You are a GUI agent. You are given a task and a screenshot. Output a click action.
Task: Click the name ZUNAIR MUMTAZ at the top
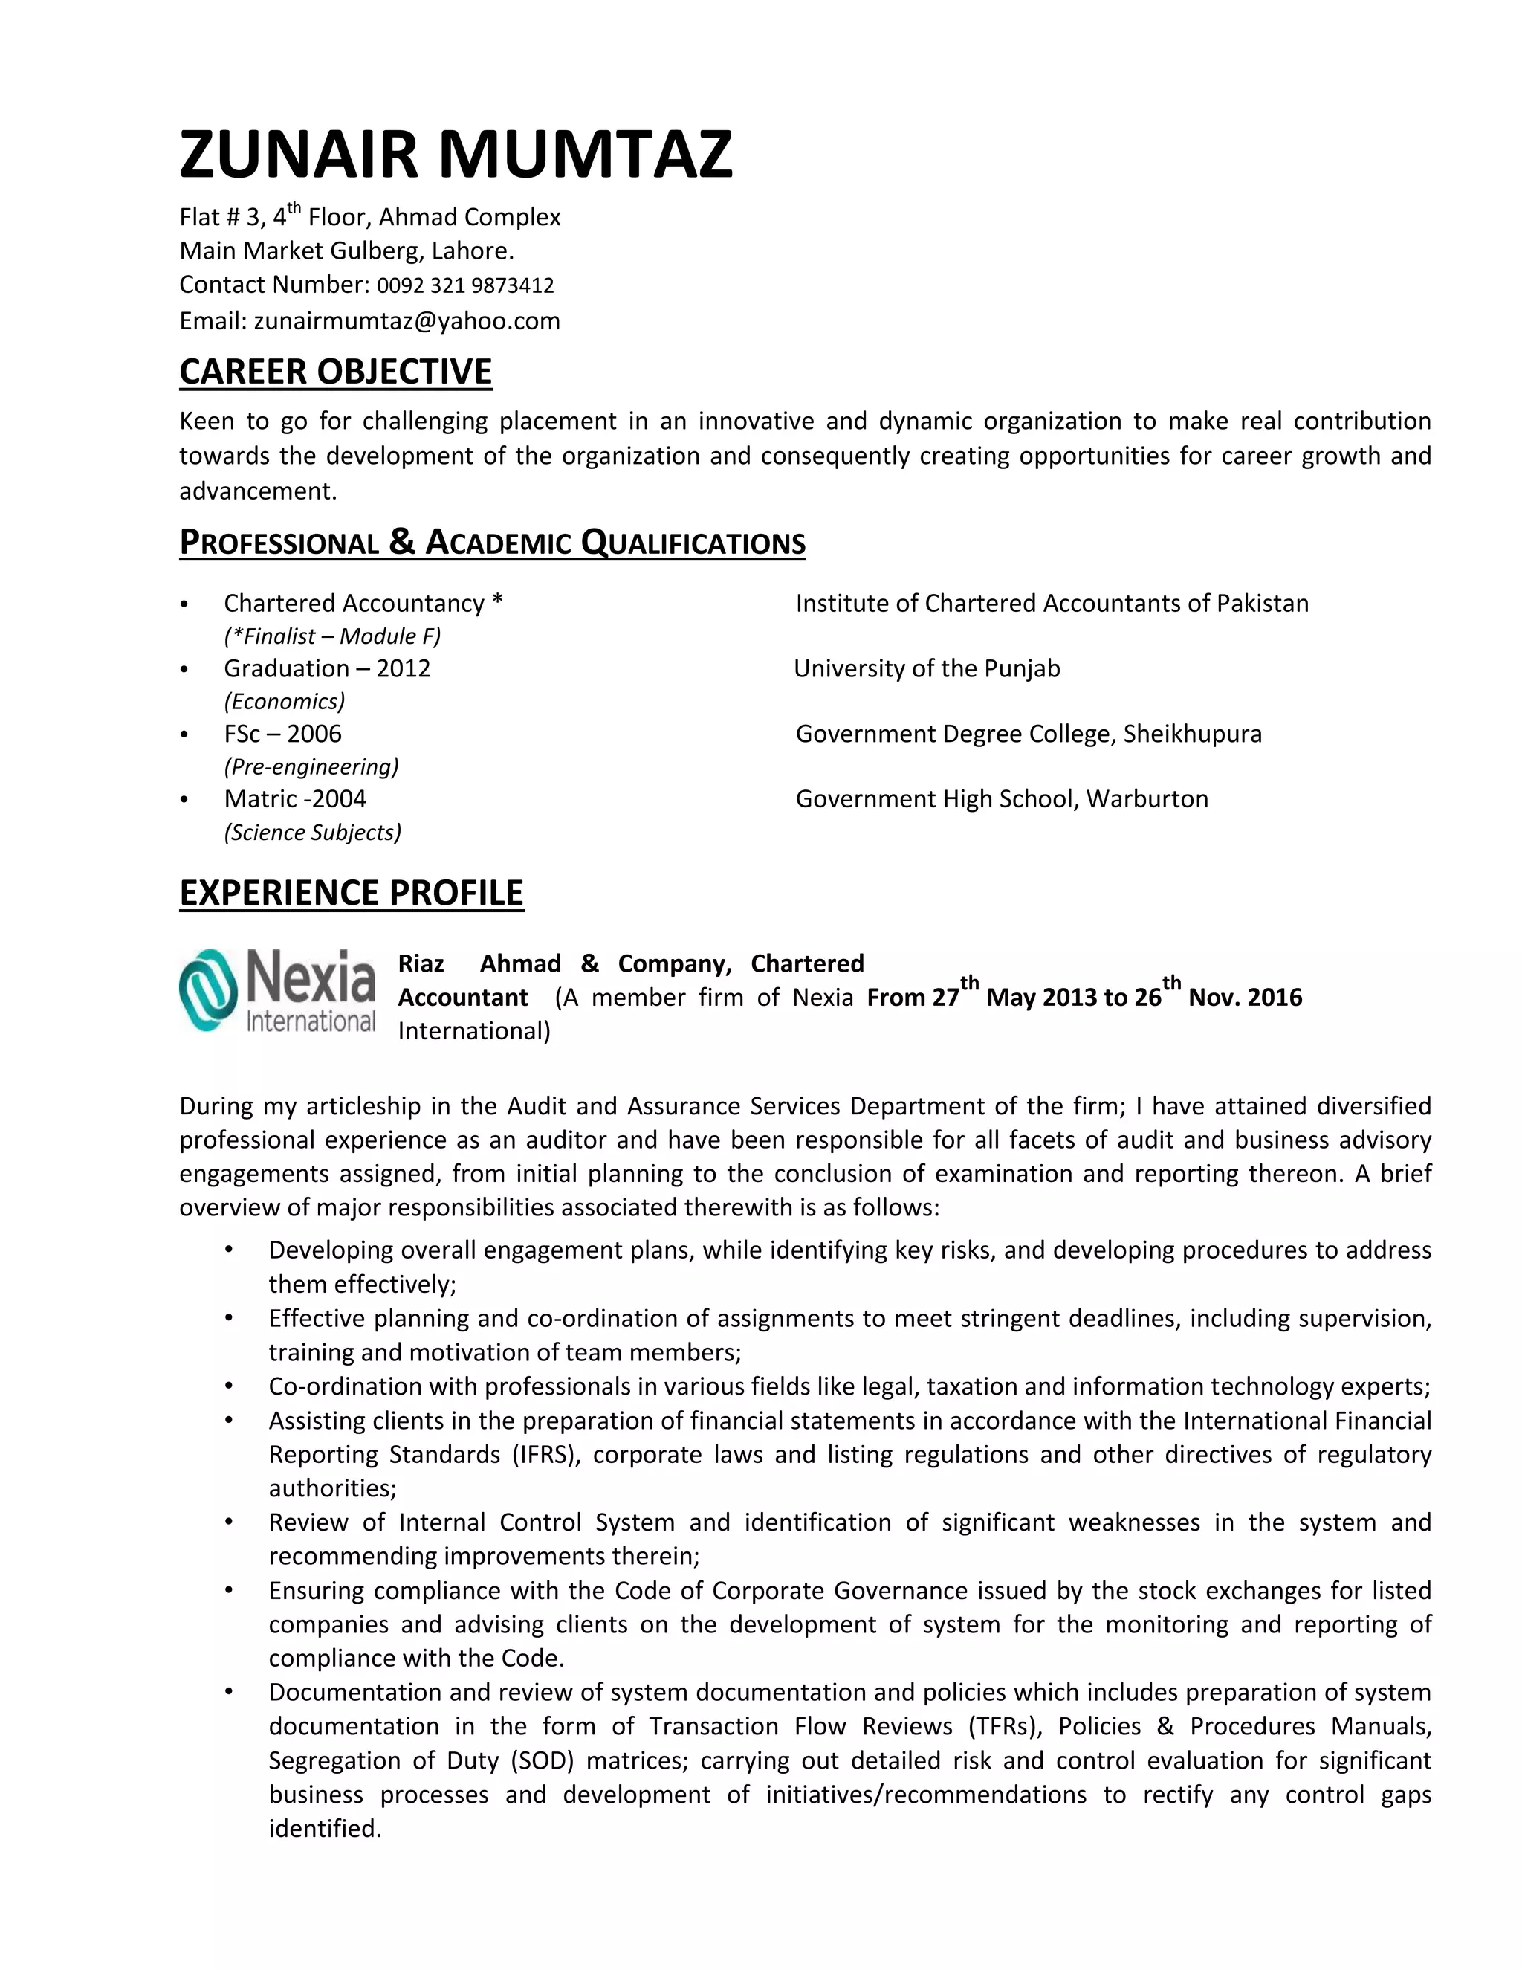tap(456, 154)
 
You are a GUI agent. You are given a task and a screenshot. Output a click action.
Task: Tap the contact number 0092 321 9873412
tap(464, 286)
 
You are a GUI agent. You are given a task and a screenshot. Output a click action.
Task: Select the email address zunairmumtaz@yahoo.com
tap(407, 321)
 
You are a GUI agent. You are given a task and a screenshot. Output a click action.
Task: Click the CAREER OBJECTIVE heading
tap(335, 372)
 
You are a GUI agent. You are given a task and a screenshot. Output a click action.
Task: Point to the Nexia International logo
tap(276, 990)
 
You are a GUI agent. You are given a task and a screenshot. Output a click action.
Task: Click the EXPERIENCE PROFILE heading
tap(351, 892)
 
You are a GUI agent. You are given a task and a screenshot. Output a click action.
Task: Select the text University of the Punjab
tap(927, 668)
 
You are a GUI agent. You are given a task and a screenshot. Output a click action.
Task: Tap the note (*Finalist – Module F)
tap(331, 636)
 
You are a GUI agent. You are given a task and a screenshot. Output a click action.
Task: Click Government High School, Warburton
tap(1002, 799)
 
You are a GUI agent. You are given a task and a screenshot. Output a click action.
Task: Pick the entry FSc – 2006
tap(282, 733)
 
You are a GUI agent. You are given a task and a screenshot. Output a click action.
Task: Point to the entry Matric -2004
tap(295, 799)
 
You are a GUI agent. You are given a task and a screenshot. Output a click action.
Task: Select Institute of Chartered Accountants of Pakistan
tap(1052, 604)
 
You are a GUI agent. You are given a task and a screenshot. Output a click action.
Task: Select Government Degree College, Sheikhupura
tap(1028, 733)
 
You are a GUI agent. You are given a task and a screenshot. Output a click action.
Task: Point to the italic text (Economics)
tap(284, 702)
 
